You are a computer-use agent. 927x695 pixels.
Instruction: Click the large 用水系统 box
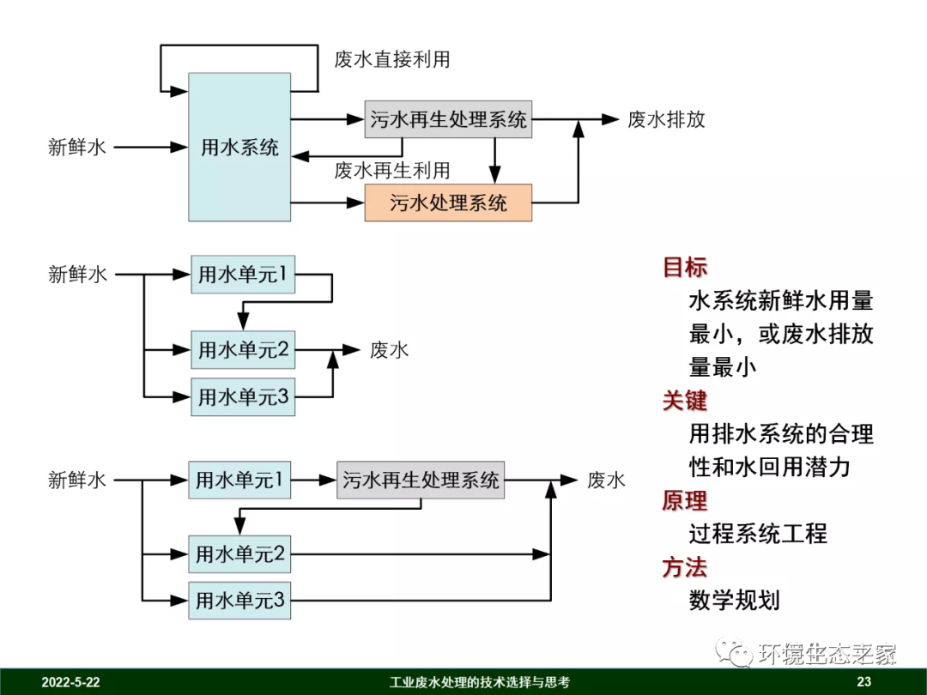click(239, 147)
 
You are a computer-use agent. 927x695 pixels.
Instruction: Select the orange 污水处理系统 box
click(448, 202)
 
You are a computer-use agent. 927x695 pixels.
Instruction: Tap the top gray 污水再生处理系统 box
click(448, 119)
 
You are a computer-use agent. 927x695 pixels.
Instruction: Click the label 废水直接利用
click(392, 59)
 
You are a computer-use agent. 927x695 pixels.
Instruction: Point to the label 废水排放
click(666, 119)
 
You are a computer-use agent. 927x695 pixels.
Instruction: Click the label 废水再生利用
click(392, 170)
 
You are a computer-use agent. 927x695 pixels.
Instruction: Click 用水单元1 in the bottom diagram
click(239, 480)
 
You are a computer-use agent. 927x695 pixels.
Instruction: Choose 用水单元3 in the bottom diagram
click(239, 600)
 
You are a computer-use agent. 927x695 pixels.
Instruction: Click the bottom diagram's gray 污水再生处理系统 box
click(421, 480)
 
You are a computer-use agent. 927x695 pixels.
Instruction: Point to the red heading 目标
click(685, 267)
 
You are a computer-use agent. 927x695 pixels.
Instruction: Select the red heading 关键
click(685, 400)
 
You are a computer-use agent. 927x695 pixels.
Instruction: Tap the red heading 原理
click(685, 500)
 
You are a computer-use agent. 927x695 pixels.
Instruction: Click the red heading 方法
click(685, 567)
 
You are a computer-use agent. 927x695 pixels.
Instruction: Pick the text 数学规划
click(734, 600)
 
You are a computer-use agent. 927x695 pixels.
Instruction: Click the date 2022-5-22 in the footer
click(71, 683)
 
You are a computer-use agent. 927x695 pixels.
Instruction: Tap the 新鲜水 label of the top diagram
click(77, 147)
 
